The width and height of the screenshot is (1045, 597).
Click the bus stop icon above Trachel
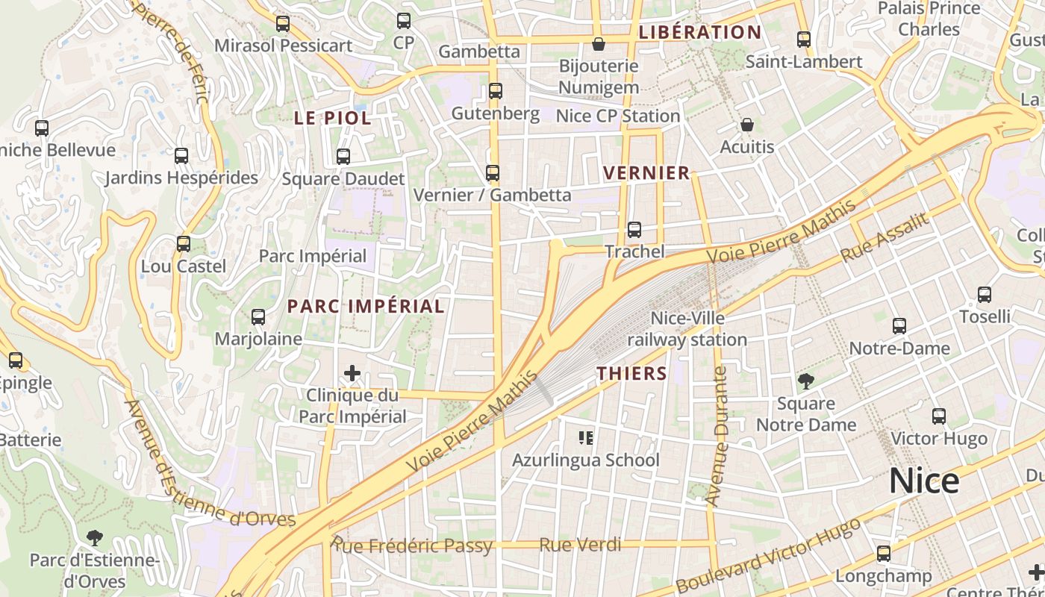coord(634,230)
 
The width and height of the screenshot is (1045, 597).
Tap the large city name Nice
coord(923,481)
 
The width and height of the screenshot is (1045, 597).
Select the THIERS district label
coord(631,374)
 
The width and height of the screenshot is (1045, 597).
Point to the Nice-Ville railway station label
coord(687,329)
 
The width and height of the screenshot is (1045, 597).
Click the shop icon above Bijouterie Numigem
coord(598,44)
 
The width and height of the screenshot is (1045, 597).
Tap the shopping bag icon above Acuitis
coord(747,125)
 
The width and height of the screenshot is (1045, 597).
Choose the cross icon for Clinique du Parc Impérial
coord(352,373)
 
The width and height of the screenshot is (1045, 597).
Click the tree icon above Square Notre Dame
coord(805,382)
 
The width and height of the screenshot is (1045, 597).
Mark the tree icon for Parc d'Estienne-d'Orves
coord(94,537)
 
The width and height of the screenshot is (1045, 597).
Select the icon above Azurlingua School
coord(586,437)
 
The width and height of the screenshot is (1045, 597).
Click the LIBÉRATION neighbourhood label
coord(700,32)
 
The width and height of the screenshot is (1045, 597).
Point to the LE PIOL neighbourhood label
coord(332,118)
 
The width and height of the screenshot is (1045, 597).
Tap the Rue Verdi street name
coord(580,545)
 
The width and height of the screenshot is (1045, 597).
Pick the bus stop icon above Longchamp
coord(884,554)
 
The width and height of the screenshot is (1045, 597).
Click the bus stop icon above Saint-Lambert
coord(804,40)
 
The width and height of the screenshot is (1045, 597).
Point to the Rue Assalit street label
coord(886,237)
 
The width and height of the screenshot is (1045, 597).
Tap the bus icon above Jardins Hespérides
coord(181,156)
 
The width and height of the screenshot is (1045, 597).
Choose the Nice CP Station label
coord(618,116)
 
